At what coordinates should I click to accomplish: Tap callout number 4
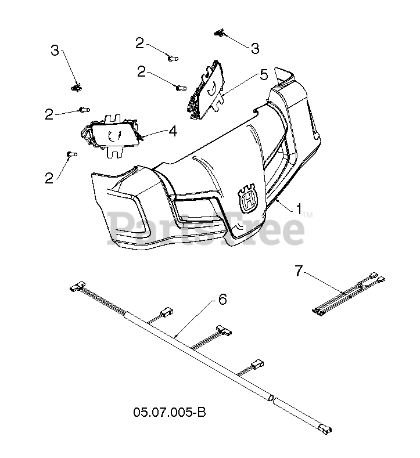tap(173, 131)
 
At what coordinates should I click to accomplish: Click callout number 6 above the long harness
tap(222, 300)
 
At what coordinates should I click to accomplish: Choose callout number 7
tap(299, 270)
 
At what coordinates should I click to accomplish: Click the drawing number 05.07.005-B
tap(170, 413)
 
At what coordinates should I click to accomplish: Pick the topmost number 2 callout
tap(139, 42)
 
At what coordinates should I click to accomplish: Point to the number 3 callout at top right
tap(254, 48)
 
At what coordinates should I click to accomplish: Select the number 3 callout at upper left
tap(55, 51)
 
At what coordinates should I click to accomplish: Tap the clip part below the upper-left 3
tap(76, 88)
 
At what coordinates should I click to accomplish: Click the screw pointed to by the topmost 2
tap(173, 57)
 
